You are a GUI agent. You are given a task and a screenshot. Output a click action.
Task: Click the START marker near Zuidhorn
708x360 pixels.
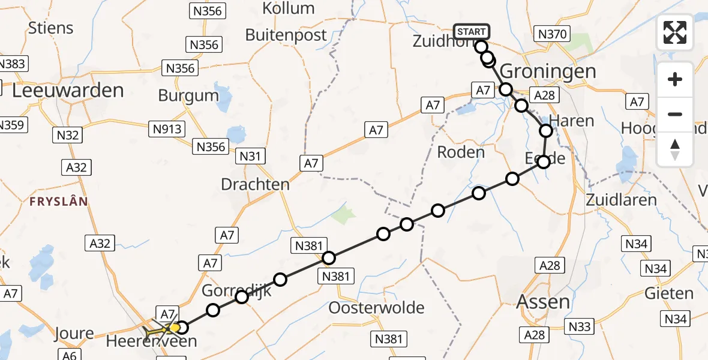(x=473, y=32)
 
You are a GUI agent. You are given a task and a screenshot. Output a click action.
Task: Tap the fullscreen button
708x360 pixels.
(x=675, y=32)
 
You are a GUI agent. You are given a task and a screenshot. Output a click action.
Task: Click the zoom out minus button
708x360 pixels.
(x=675, y=114)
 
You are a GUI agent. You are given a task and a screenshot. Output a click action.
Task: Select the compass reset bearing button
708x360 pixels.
(x=675, y=149)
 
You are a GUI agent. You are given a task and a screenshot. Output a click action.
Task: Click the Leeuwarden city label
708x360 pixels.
(x=67, y=91)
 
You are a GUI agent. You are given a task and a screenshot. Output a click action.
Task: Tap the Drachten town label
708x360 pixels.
(x=255, y=184)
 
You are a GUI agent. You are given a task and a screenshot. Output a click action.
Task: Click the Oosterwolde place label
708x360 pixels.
(x=376, y=308)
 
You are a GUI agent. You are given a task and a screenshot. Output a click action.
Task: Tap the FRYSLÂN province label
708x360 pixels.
(x=59, y=202)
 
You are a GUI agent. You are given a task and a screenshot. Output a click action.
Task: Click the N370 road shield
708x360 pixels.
(x=552, y=34)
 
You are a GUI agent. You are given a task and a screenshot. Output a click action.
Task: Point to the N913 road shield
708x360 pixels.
(x=168, y=128)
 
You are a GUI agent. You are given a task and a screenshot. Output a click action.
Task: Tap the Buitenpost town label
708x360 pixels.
(x=286, y=35)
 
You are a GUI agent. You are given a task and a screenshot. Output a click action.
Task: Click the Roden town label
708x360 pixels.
(x=461, y=152)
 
